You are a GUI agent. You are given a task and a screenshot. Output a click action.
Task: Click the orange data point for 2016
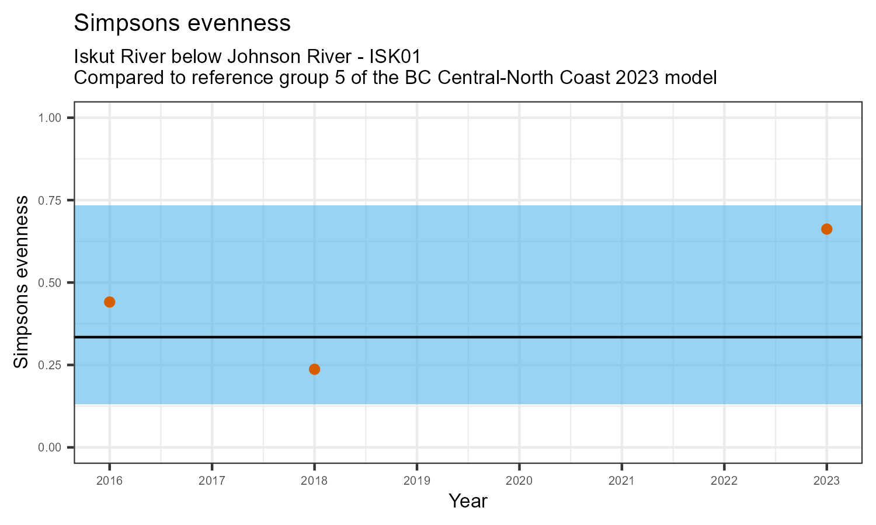click(x=109, y=302)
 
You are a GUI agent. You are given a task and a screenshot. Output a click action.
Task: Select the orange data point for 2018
click(x=314, y=369)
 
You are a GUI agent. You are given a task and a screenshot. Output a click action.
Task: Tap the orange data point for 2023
click(x=826, y=229)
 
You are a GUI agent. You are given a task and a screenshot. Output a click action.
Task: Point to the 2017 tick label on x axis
click(x=211, y=481)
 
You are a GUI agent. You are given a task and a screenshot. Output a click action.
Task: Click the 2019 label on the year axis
click(x=416, y=481)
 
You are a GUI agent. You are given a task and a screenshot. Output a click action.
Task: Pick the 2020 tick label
click(x=519, y=481)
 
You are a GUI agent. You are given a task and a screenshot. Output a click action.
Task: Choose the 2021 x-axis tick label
click(x=621, y=481)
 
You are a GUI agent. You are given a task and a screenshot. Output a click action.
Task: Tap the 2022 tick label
click(x=724, y=481)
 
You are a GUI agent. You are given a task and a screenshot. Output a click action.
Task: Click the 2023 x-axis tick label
click(x=826, y=481)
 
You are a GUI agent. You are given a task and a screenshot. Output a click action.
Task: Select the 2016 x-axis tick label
click(x=109, y=481)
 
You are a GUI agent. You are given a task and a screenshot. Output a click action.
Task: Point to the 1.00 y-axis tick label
click(x=50, y=118)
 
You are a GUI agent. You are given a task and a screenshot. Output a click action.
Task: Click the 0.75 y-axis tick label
click(x=50, y=200)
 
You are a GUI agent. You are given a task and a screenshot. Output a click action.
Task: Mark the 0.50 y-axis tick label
click(x=50, y=283)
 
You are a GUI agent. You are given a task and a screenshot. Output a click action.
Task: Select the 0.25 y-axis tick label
click(x=50, y=365)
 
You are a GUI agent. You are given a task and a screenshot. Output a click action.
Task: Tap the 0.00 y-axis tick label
click(x=50, y=447)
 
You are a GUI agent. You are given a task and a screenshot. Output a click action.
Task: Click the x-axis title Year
click(x=468, y=501)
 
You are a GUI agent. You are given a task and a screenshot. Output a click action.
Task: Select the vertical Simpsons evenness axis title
click(x=21, y=282)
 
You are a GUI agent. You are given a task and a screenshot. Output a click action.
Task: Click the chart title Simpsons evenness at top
click(x=182, y=23)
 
